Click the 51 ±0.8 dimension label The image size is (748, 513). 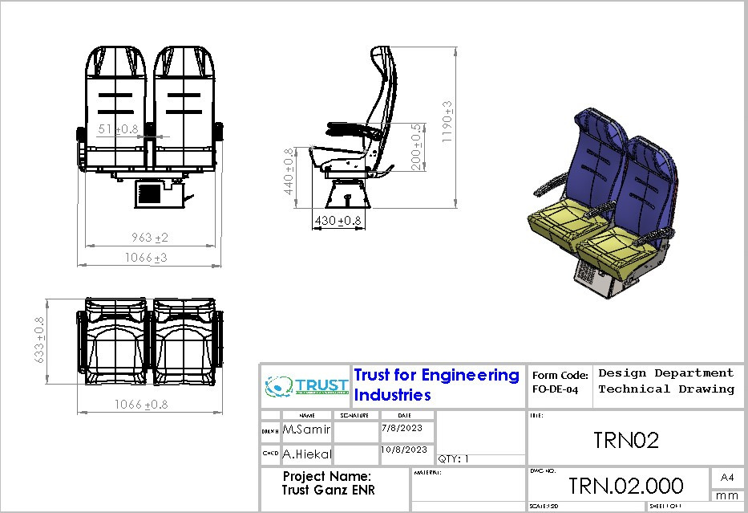(118, 128)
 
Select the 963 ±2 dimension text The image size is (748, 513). (150, 238)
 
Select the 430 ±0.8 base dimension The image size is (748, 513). (338, 221)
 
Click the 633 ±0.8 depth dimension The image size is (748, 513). (38, 340)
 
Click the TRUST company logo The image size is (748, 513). (307, 386)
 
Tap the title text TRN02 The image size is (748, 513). (626, 440)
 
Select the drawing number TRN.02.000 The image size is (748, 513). (626, 486)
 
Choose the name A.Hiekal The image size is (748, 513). (306, 454)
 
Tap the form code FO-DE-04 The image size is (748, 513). (555, 389)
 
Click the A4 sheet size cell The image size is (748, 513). (727, 478)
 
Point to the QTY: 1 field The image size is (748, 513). (454, 459)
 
